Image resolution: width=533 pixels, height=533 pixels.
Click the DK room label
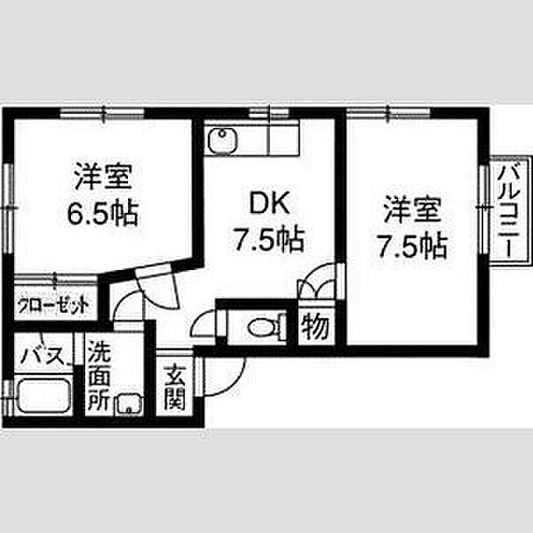click(269, 203)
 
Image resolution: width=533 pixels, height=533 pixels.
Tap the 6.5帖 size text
click(103, 214)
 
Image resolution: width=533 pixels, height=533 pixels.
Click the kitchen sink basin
click(222, 140)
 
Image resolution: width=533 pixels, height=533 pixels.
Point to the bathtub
click(44, 395)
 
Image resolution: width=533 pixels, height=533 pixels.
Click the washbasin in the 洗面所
click(129, 405)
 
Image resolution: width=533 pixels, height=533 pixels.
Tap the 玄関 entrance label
click(174, 387)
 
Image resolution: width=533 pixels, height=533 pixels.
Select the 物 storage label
click(315, 326)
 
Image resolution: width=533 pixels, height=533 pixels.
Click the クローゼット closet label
click(53, 306)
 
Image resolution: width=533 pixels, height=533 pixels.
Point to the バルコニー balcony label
click(509, 211)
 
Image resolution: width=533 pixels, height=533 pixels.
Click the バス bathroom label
click(44, 355)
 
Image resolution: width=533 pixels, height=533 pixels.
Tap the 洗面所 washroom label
click(99, 377)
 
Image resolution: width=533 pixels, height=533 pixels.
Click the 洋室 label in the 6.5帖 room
click(103, 176)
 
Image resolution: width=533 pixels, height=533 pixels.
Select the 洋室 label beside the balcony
click(412, 210)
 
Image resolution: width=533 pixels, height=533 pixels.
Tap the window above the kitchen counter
click(268, 113)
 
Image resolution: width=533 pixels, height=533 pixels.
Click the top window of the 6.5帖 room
click(102, 113)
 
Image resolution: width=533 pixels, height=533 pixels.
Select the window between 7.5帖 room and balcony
click(484, 209)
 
